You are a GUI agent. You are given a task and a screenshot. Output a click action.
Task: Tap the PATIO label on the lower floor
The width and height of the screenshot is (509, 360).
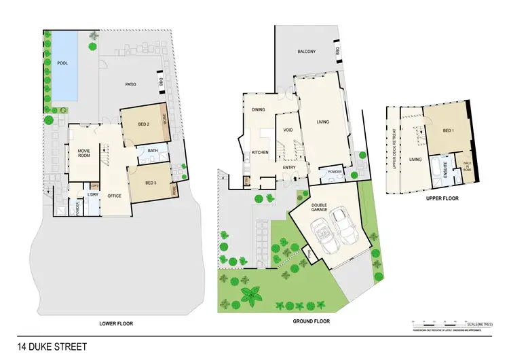click(131, 85)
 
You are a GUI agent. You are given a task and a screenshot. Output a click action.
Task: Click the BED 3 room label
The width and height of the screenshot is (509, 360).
click(154, 181)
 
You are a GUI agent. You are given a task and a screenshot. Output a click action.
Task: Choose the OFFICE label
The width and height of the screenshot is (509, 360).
click(114, 196)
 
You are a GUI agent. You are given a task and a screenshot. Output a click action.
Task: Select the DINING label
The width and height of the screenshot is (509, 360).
click(258, 109)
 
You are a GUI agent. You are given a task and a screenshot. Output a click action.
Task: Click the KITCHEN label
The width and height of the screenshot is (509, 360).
click(261, 152)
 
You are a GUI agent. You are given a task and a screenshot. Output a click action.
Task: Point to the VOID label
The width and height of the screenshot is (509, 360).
click(287, 130)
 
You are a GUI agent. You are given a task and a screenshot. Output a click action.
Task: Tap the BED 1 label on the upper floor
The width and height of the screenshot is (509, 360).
click(448, 130)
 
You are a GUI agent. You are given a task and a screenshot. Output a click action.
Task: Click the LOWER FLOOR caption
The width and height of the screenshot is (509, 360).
click(116, 324)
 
